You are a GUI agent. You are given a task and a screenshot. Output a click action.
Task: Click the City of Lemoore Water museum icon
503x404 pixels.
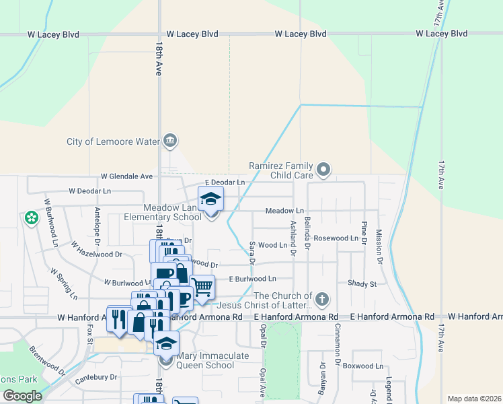coord(169,141)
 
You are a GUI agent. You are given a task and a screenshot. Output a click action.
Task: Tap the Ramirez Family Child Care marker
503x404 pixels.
coord(323,170)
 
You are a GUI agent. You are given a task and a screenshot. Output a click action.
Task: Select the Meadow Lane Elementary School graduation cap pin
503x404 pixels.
coord(211,199)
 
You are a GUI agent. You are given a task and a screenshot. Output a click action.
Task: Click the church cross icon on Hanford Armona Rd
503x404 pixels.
coord(322,299)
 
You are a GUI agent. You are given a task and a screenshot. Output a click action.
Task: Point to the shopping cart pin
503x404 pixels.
coord(202,287)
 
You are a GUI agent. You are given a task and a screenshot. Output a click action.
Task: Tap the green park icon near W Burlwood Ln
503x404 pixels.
coord(31,217)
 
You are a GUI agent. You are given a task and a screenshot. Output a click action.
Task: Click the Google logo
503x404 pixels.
coord(22,396)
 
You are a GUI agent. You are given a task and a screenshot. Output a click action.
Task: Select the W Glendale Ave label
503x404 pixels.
coord(127,176)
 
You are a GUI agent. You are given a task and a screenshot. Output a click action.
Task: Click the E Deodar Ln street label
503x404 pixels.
coord(225,182)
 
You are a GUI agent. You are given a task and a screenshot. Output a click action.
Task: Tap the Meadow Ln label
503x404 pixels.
coord(284,211)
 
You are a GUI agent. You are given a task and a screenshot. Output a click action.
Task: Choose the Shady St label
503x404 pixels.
coord(362,284)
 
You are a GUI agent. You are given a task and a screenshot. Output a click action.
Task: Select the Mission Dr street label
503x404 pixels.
coord(379,245)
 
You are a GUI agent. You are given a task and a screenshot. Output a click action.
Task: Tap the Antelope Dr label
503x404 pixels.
coord(98,226)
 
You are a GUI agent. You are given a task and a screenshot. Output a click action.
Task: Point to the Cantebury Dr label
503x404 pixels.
coord(96,378)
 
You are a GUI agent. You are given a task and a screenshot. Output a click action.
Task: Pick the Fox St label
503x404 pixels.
coord(90,335)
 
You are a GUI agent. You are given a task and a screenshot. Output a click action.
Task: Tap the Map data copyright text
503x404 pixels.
coord(474,399)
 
